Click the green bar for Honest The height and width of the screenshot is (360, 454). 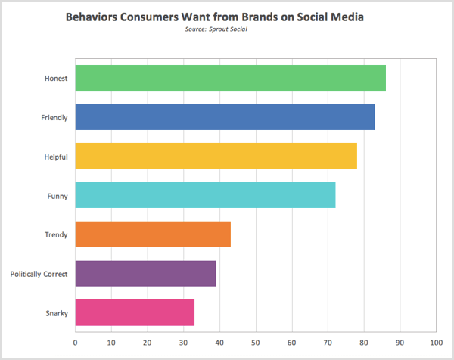coord(230,79)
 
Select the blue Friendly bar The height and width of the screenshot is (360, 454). coord(225,117)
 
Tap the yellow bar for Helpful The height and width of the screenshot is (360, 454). coord(216,157)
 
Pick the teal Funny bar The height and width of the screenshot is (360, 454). coord(205,195)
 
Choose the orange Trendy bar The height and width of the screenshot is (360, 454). coord(153,234)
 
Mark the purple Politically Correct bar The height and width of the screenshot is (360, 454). coord(145,273)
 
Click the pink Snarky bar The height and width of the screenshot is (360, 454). coord(135,312)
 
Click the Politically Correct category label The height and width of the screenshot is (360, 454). coord(39,273)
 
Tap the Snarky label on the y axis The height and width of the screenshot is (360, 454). coord(56,312)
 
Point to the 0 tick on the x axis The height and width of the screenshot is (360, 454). coord(76,342)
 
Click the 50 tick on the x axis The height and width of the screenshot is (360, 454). coord(256,342)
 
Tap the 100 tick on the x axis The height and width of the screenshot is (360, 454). coord(436,342)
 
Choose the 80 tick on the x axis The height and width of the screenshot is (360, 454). coord(364,342)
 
